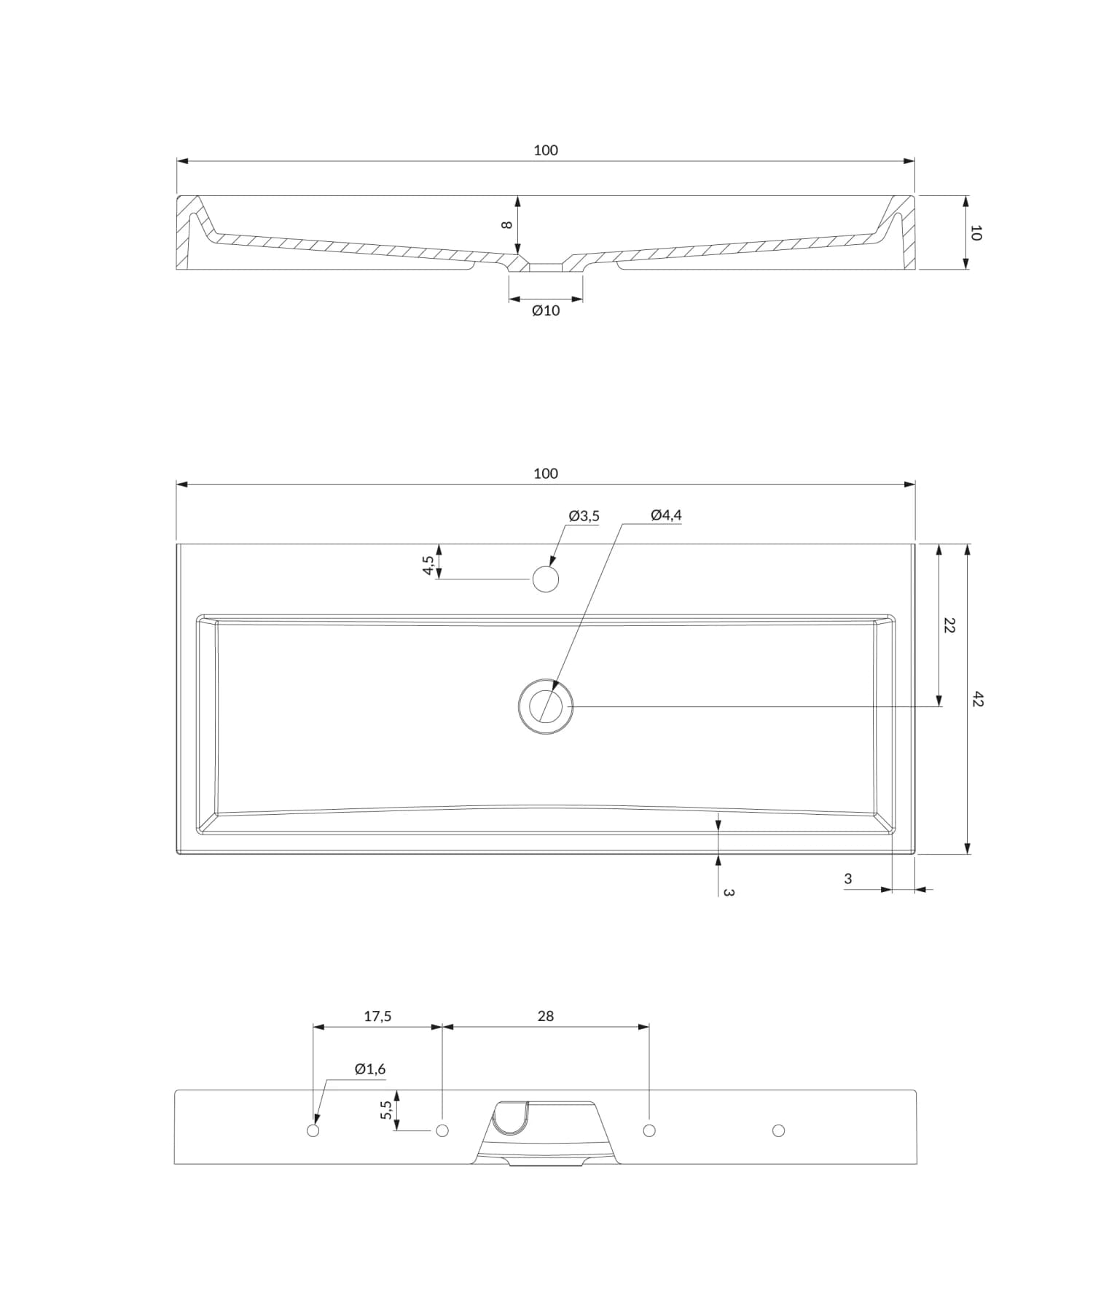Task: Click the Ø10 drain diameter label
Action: click(x=546, y=310)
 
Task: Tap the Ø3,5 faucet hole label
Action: click(x=584, y=516)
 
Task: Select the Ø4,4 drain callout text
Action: click(x=666, y=515)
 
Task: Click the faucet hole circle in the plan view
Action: click(x=546, y=579)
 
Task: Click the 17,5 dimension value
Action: click(x=377, y=1016)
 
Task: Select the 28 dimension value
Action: click(x=546, y=1016)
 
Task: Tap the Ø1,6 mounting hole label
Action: click(x=370, y=1069)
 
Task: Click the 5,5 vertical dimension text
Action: click(x=386, y=1110)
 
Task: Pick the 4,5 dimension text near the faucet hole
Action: click(x=428, y=566)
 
